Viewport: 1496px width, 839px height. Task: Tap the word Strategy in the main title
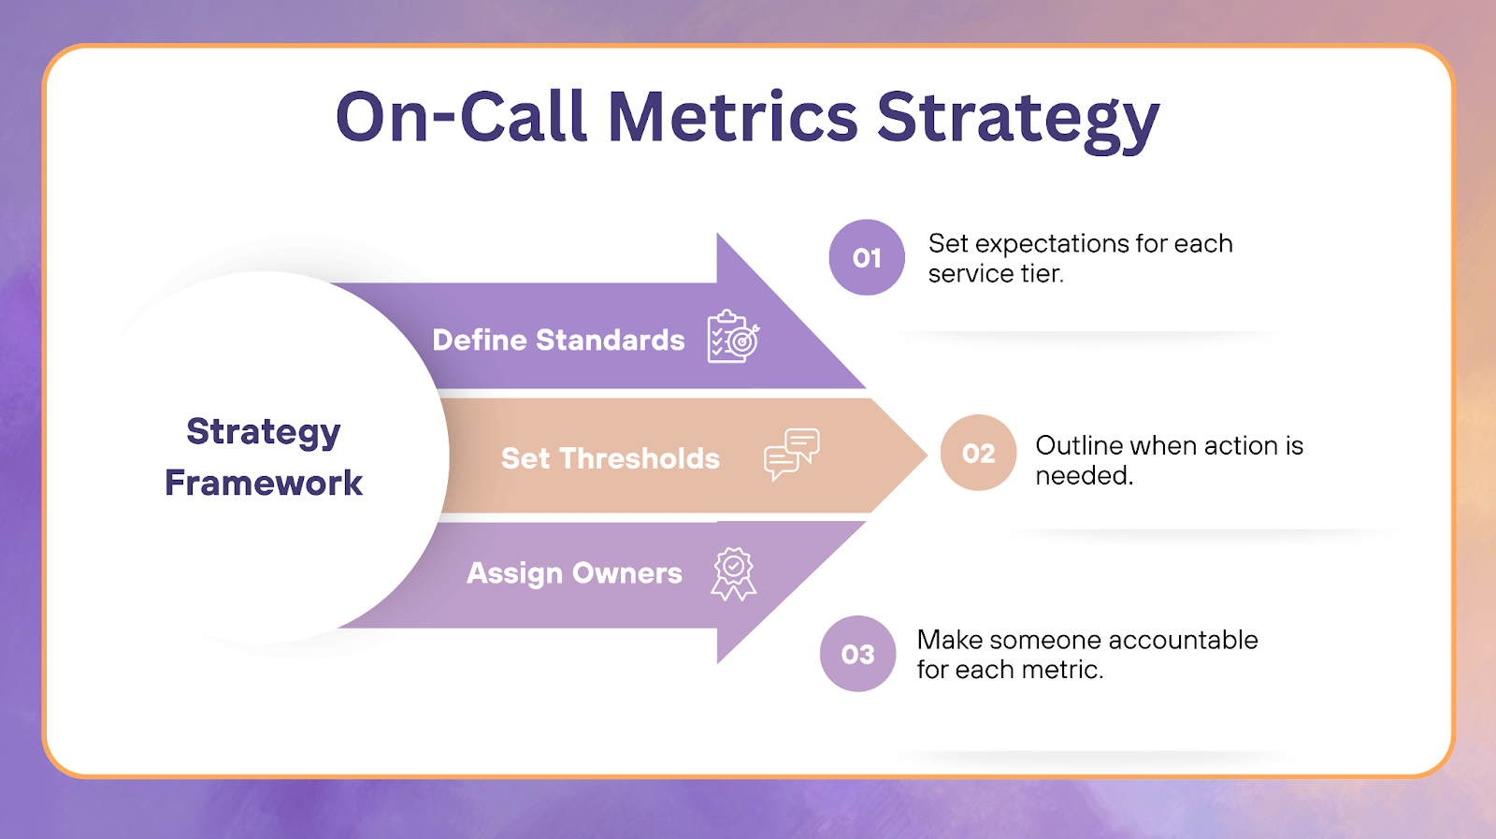click(1017, 120)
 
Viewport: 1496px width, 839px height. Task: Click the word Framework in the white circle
click(264, 483)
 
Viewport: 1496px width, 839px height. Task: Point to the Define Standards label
click(558, 340)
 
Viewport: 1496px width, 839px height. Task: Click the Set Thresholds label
click(610, 458)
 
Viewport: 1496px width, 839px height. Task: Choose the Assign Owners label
click(574, 572)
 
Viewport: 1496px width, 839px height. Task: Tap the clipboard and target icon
click(733, 337)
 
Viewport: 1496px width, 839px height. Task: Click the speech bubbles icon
click(791, 454)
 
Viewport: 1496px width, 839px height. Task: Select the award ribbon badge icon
click(734, 572)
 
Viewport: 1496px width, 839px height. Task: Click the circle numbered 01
click(867, 257)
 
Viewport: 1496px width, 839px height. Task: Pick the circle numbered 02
click(978, 453)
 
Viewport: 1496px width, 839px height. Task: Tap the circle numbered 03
click(857, 654)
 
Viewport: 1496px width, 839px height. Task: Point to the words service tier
click(996, 274)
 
